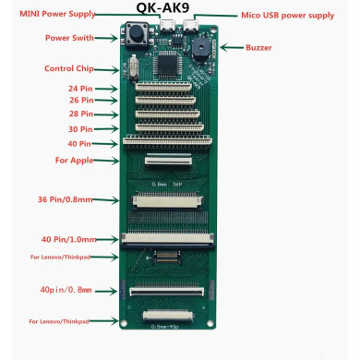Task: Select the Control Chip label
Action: point(68,68)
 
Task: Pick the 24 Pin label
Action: point(79,89)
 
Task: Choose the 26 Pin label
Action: point(79,101)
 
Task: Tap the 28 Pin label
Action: point(79,114)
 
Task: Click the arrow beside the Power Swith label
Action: point(115,38)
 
